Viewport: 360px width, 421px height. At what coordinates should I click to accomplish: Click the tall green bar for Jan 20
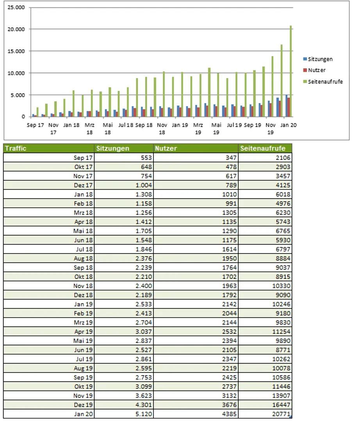click(x=291, y=71)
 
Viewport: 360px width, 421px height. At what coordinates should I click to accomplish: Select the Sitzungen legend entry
click(x=318, y=59)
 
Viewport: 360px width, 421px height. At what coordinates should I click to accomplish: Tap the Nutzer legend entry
click(x=314, y=70)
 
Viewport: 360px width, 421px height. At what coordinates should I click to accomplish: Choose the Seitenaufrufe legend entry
click(x=323, y=82)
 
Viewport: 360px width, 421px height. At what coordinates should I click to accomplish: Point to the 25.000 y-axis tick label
click(x=16, y=7)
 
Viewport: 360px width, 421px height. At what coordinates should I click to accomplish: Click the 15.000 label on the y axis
click(x=16, y=51)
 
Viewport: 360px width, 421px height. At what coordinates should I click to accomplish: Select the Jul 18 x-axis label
click(x=126, y=125)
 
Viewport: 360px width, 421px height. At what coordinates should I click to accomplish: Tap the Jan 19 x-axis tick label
click(x=180, y=125)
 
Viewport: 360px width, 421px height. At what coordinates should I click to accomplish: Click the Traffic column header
click(x=16, y=148)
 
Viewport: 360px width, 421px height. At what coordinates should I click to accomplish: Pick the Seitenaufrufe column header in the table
click(x=262, y=148)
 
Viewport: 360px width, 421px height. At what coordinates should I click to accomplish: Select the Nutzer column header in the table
click(x=166, y=148)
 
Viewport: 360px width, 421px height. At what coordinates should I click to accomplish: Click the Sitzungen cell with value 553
click(x=146, y=158)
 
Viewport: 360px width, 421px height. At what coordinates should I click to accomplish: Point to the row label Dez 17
click(x=83, y=185)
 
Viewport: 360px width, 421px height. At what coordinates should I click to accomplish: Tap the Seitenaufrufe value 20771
click(x=282, y=414)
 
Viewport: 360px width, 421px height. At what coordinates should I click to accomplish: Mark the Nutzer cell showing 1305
click(x=229, y=212)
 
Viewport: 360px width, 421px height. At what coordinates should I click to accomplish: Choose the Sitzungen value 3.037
click(x=144, y=331)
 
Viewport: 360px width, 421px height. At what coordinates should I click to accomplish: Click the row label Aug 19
click(x=83, y=368)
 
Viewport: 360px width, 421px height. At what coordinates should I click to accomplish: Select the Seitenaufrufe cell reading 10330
click(x=282, y=286)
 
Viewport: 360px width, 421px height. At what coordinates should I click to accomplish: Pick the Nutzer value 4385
click(x=229, y=414)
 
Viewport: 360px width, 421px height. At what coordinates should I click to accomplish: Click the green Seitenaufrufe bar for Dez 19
click(x=282, y=80)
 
